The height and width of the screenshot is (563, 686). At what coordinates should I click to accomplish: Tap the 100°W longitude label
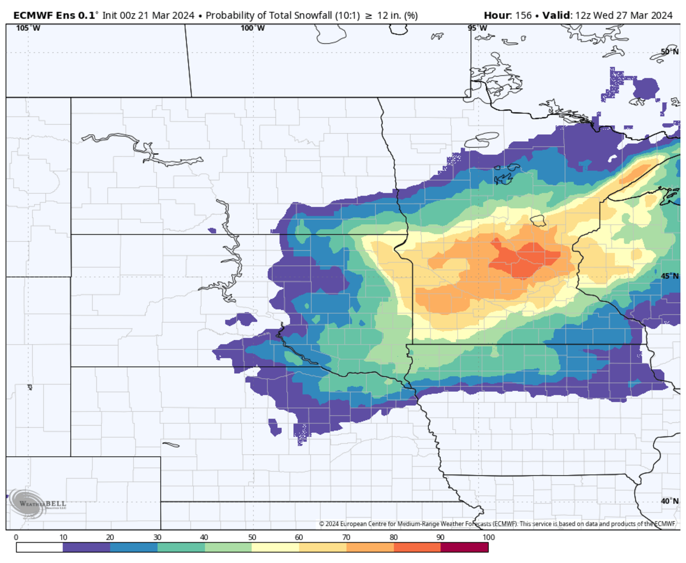[252, 28]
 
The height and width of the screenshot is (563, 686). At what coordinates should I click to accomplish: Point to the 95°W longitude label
[477, 28]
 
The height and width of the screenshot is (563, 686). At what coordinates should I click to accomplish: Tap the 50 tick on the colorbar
[252, 537]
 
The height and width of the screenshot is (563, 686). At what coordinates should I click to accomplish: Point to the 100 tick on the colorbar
[488, 537]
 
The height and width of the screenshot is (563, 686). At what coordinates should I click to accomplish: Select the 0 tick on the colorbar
[16, 537]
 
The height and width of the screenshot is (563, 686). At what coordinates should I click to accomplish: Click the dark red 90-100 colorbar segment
[464, 548]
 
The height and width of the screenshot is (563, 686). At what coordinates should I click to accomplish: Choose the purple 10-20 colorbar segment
[86, 548]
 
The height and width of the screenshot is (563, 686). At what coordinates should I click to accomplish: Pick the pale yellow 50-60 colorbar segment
[276, 548]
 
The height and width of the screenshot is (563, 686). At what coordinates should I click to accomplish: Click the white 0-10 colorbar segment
[39, 548]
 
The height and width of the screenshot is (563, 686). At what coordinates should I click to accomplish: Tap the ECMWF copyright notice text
[497, 524]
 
